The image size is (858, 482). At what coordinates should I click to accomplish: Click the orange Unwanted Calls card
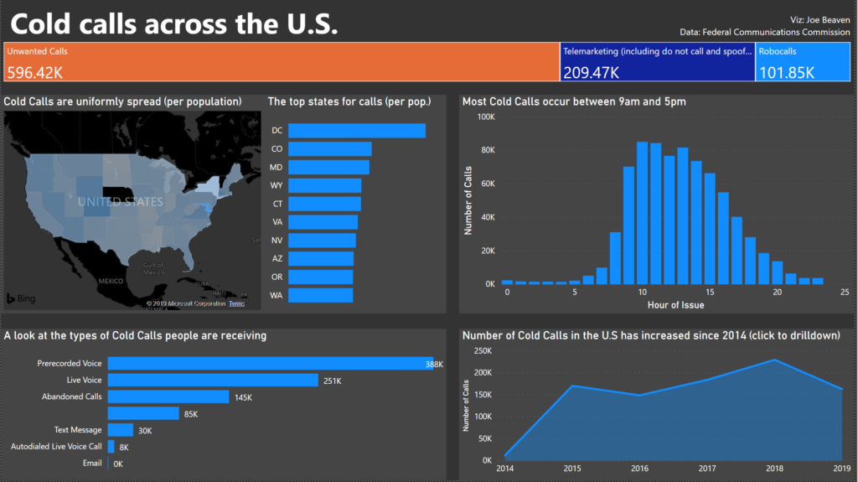click(282, 62)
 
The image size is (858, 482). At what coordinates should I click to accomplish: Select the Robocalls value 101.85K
click(787, 73)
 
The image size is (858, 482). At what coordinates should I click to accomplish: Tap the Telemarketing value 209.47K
click(592, 73)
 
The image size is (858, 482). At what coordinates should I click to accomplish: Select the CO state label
click(277, 149)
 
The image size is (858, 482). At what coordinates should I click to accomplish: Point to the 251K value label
click(333, 381)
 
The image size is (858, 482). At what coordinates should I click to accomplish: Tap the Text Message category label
click(78, 430)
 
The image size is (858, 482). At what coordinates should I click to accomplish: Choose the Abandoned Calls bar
click(168, 396)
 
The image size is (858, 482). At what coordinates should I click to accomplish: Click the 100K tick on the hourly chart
click(486, 117)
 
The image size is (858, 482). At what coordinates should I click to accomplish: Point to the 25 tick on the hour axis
click(845, 293)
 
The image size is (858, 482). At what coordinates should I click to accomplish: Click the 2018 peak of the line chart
click(773, 360)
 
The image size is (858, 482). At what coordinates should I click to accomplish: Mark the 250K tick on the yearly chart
click(482, 350)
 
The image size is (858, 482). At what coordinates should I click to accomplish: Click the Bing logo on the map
click(22, 298)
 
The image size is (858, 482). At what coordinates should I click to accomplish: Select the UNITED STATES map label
click(121, 202)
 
